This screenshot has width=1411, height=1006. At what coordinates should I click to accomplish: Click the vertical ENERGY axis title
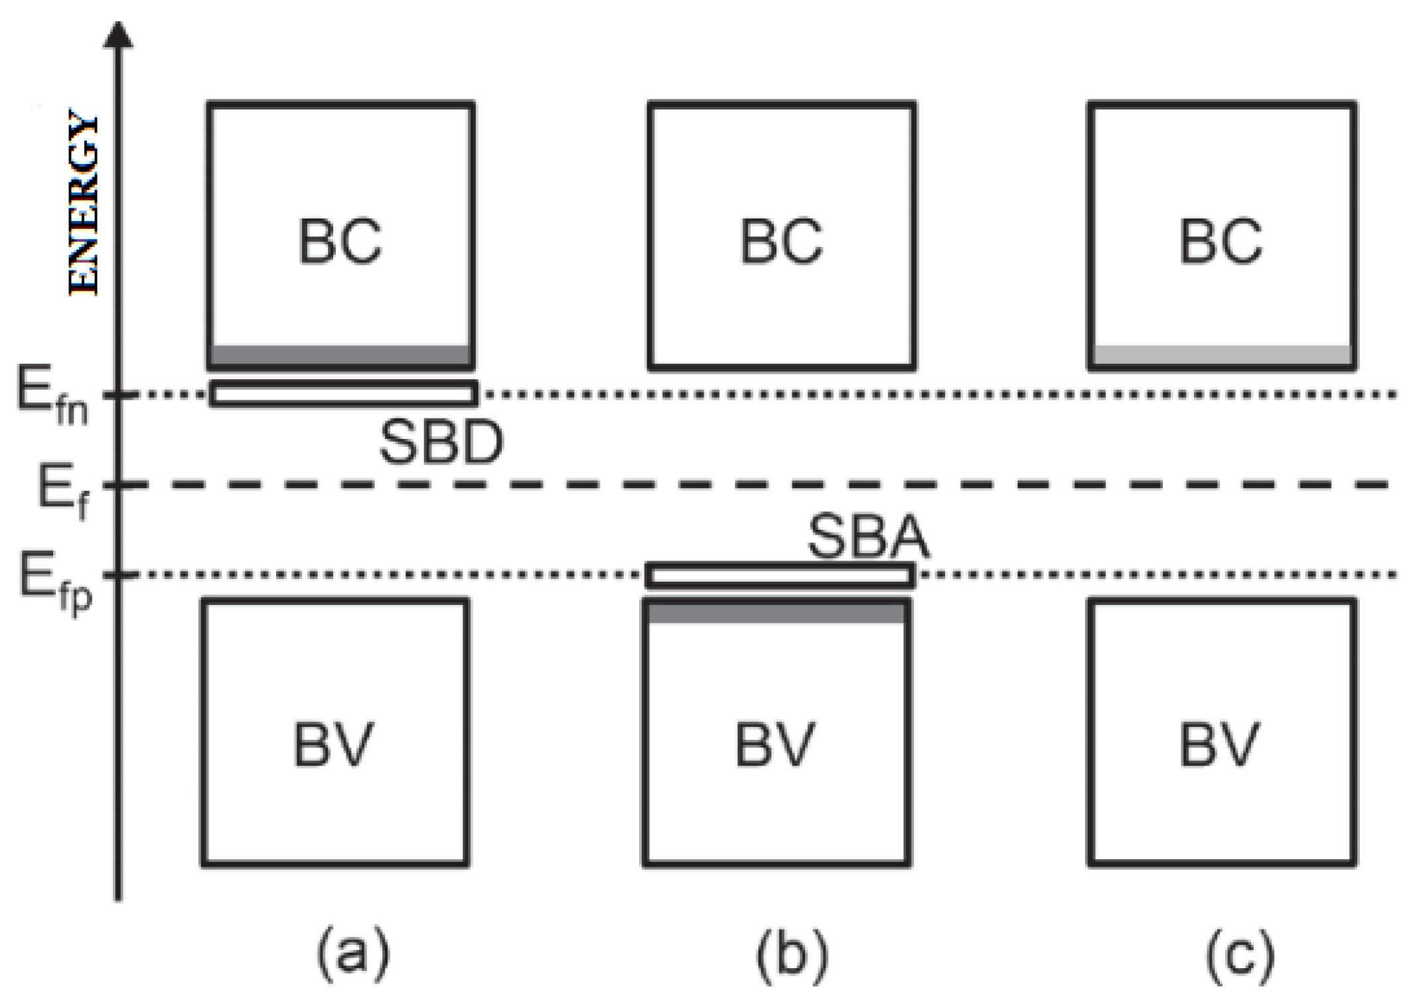[x=84, y=203]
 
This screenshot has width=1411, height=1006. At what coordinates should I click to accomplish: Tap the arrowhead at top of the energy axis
[x=118, y=35]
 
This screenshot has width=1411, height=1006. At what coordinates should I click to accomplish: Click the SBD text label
[x=441, y=442]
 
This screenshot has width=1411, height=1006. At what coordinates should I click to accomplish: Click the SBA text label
[x=868, y=537]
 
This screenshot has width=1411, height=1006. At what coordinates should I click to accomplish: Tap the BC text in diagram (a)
[x=340, y=242]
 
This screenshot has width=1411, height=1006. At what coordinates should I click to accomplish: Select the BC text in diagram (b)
[x=781, y=242]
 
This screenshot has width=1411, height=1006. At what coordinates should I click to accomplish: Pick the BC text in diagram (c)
[x=1221, y=242]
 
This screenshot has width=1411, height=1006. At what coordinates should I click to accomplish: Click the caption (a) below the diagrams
[x=352, y=955]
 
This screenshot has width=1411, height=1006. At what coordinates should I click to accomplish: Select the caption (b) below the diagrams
[x=792, y=955]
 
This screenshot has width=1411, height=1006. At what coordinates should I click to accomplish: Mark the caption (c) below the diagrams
[x=1239, y=955]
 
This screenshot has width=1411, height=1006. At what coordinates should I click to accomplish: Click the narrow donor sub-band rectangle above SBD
[x=343, y=393]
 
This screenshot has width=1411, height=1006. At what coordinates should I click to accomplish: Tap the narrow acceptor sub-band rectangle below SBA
[x=780, y=575]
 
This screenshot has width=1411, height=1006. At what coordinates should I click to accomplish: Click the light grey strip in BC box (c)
[x=1221, y=355]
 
